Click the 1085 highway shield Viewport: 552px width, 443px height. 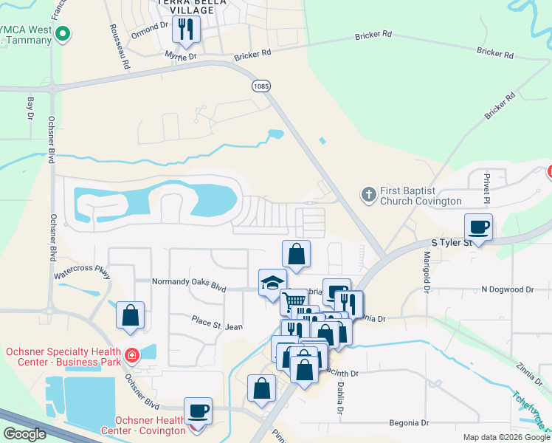pyautogui.click(x=261, y=86)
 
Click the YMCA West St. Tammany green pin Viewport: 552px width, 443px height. pyautogui.click(x=63, y=33)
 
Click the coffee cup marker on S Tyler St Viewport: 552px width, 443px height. pyautogui.click(x=478, y=227)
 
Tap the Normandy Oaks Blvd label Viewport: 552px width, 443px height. pyautogui.click(x=189, y=282)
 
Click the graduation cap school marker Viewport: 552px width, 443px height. pyautogui.click(x=272, y=283)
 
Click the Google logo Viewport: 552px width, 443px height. pyautogui.click(x=25, y=434)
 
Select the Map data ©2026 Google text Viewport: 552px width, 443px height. pyautogui.click(x=506, y=437)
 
